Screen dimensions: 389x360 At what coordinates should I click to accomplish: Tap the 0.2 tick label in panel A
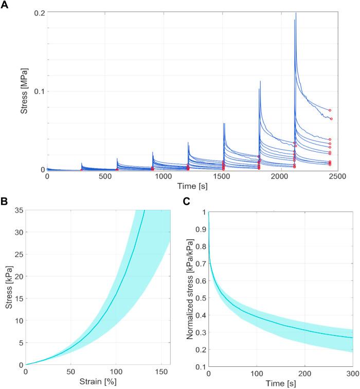[x=38, y=12]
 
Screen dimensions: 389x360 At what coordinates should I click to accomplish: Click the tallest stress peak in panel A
[x=296, y=13]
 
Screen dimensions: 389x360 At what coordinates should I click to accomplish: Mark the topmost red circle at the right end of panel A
[x=330, y=110]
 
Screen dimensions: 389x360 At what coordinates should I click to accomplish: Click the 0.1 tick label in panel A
[x=38, y=91]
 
